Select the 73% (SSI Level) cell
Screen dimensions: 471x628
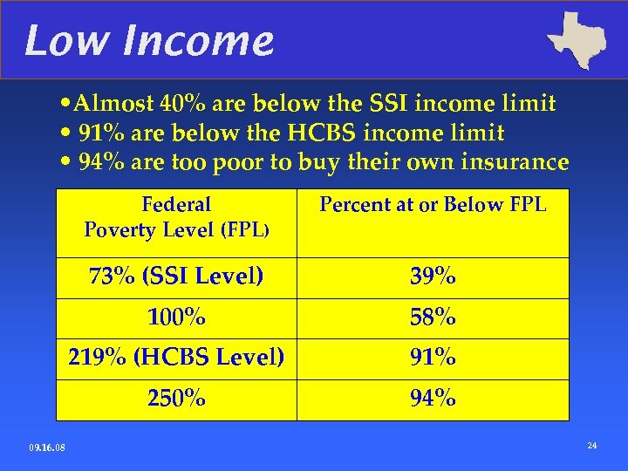point(176,277)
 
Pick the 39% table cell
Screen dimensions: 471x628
point(433,277)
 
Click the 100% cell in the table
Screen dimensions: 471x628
point(176,318)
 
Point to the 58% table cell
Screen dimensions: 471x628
point(433,318)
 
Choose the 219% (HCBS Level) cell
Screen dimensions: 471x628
point(176,358)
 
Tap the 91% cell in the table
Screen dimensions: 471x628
point(433,358)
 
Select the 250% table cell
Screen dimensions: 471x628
point(176,399)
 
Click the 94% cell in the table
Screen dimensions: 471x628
point(433,399)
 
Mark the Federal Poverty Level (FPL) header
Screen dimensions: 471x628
point(176,217)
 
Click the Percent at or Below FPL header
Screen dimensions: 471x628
point(433,205)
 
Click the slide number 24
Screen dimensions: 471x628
point(592,447)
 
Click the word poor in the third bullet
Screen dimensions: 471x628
point(250,162)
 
